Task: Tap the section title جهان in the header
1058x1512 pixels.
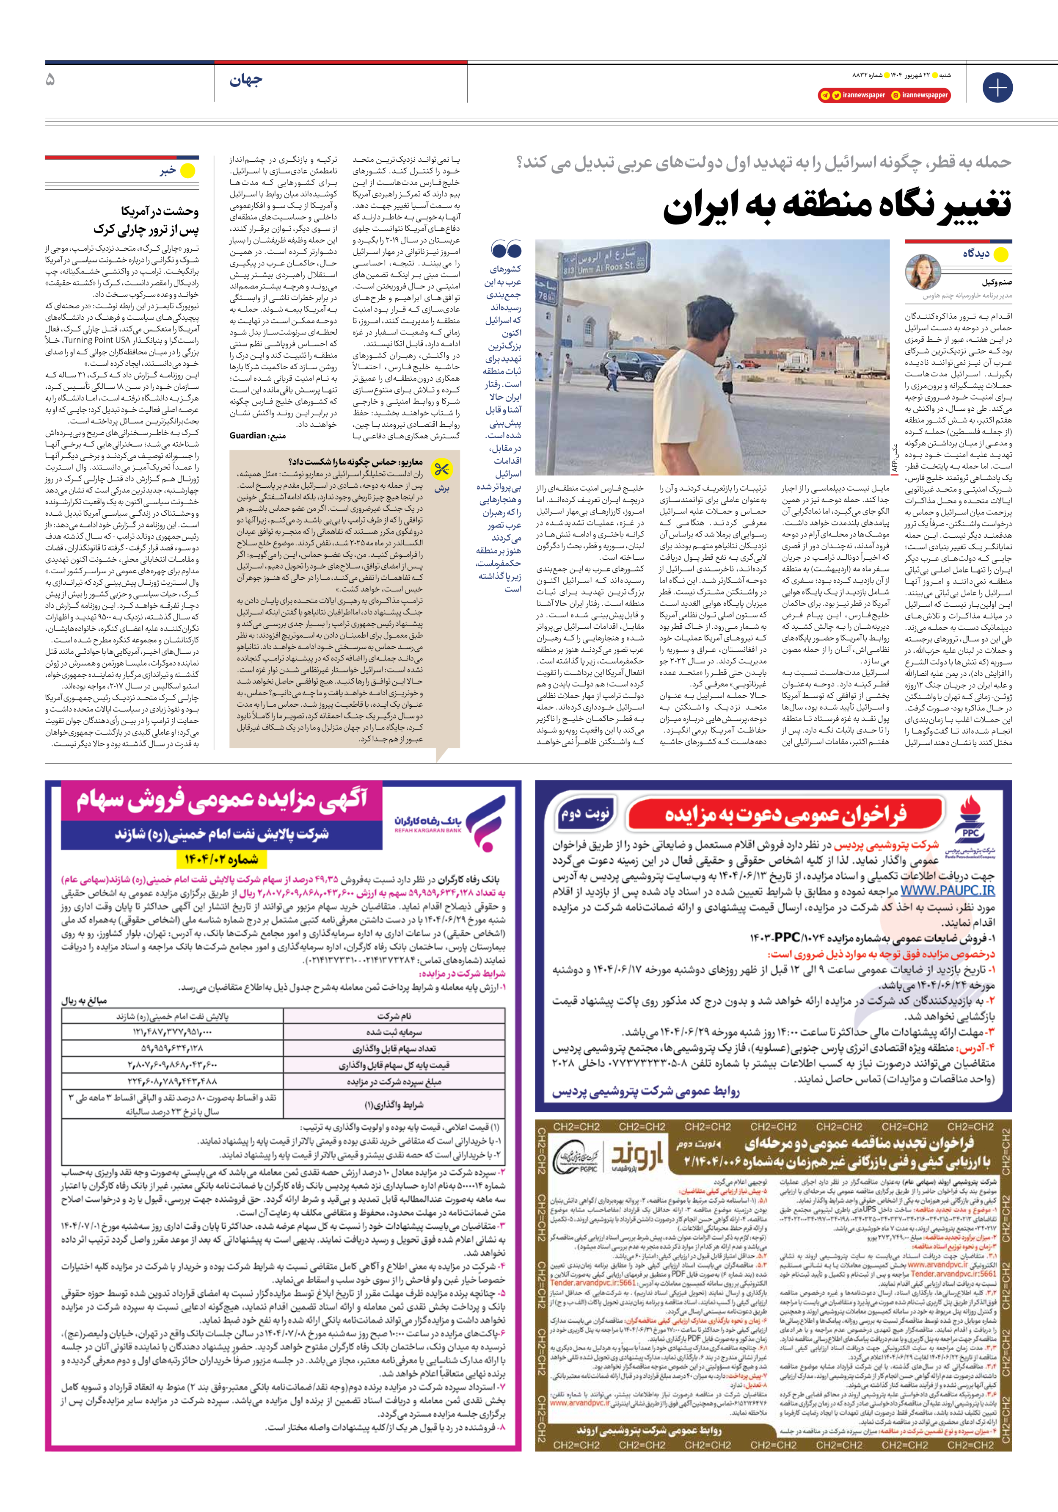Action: pos(245,80)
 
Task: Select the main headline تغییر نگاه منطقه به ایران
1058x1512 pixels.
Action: pos(836,205)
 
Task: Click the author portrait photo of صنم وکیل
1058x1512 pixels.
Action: pos(923,272)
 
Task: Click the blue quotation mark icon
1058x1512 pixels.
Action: pos(506,250)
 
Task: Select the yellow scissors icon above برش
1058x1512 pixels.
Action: pos(441,470)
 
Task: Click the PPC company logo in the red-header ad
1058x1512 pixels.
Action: pos(970,827)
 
